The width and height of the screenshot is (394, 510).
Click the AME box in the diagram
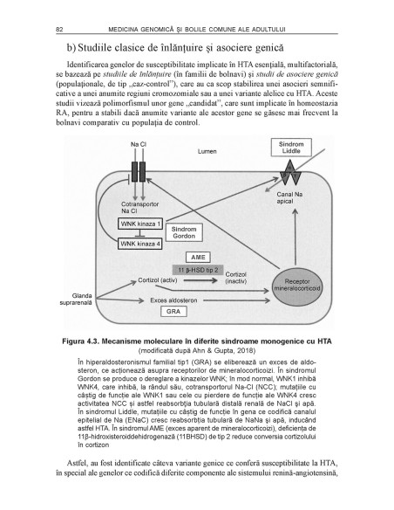196,258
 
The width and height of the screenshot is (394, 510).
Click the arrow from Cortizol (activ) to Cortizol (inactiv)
204,282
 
